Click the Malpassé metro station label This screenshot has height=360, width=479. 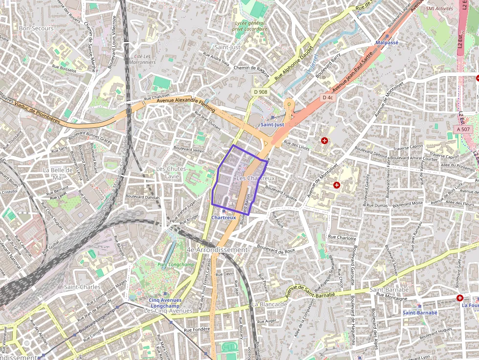point(387,42)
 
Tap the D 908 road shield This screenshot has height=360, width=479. point(260,92)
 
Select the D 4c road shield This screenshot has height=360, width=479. point(327,98)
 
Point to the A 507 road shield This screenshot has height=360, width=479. point(462,129)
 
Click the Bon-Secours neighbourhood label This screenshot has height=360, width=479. point(36,28)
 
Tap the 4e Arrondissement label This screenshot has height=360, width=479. point(218,250)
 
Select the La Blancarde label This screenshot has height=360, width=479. point(269,304)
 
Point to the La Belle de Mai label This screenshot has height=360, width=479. point(58,173)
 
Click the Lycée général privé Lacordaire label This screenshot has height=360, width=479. point(250,26)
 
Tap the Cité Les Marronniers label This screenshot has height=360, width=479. point(145,59)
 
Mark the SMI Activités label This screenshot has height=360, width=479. point(439,8)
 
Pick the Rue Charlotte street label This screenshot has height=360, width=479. point(342,238)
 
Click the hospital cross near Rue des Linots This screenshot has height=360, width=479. point(324,141)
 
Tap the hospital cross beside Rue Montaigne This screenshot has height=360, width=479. point(459,297)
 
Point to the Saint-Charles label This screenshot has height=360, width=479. point(82,287)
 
